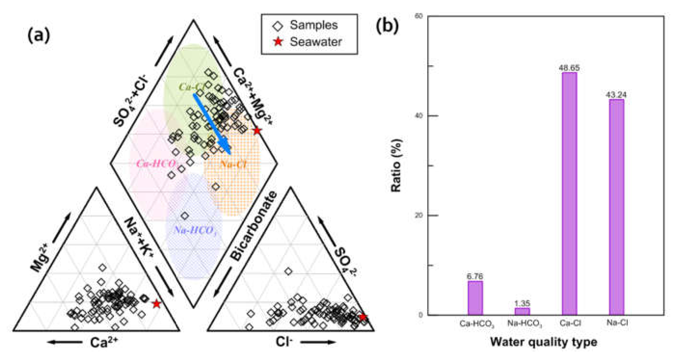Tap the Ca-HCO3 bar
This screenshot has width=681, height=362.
click(x=475, y=298)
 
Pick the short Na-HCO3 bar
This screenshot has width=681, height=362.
click(x=522, y=312)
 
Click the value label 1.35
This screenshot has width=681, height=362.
click(x=522, y=303)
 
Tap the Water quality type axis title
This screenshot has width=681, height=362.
click(x=544, y=342)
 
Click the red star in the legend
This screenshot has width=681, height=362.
click(x=278, y=42)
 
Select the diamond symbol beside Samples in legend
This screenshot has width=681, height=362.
click(x=278, y=26)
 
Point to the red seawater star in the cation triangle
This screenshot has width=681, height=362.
click(x=157, y=304)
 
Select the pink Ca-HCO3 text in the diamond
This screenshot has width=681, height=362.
click(x=157, y=164)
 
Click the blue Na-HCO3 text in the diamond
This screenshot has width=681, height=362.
click(x=196, y=230)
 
